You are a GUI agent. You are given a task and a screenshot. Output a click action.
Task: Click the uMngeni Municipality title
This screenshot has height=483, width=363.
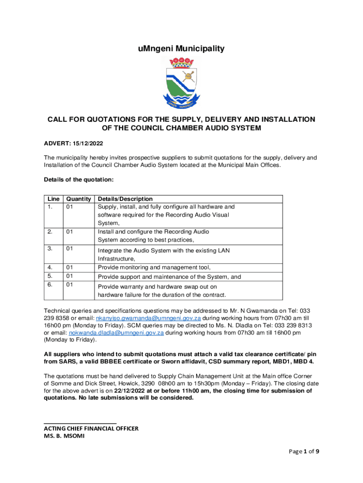point(181,49)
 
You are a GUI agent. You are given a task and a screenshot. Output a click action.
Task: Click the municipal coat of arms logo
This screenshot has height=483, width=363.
point(181,82)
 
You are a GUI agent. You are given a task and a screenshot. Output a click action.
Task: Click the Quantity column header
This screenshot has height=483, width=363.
point(78,199)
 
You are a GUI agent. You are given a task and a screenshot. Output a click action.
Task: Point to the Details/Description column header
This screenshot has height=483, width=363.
point(125,199)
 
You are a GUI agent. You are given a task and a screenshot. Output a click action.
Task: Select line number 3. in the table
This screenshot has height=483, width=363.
point(49,248)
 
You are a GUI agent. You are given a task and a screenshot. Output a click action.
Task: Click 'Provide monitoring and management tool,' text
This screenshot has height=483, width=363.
point(154,267)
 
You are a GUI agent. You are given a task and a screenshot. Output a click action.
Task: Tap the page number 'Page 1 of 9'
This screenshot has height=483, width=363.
point(304,451)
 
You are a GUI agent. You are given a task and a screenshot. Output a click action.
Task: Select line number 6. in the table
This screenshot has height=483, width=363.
point(49,285)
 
